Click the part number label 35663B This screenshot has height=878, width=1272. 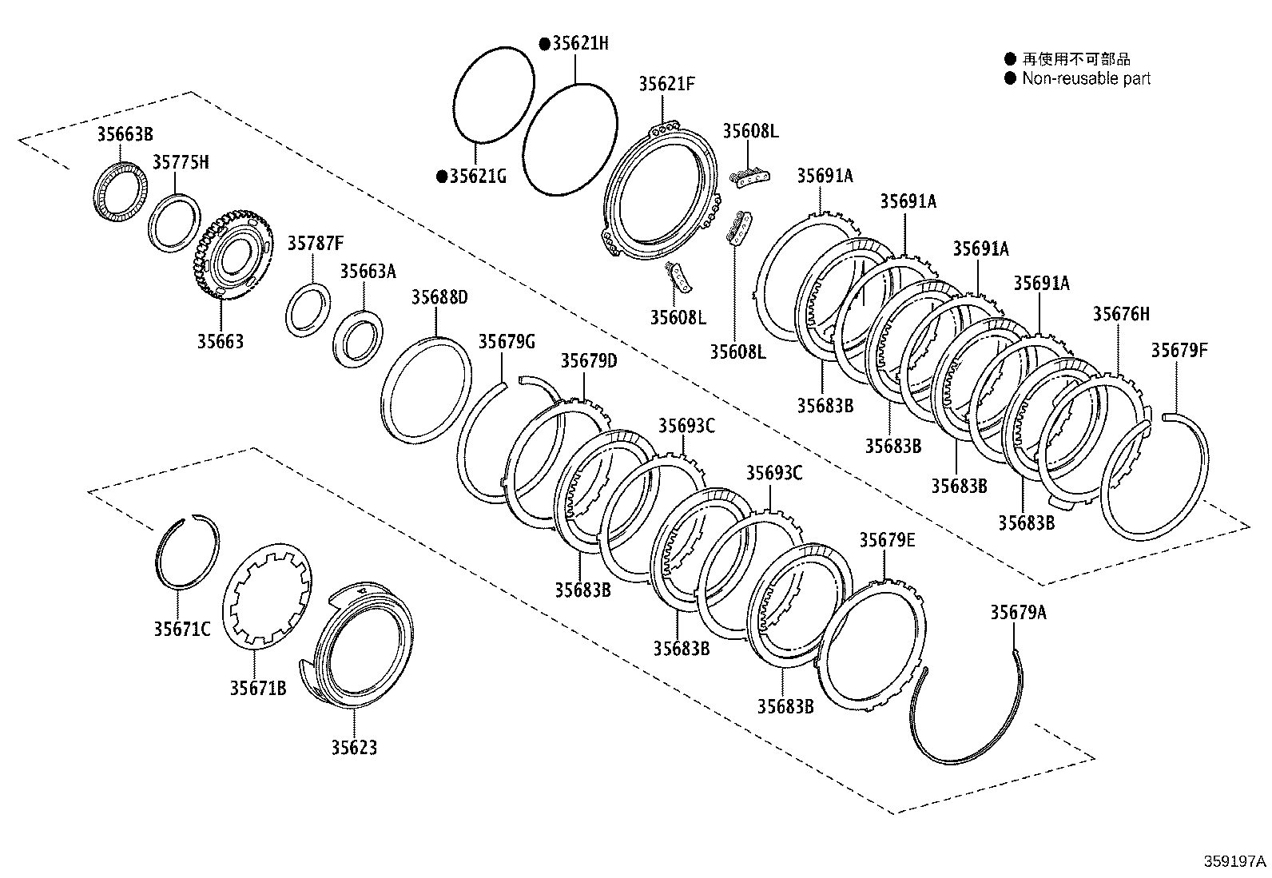[125, 134]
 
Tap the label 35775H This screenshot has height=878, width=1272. [181, 163]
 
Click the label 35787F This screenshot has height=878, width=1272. [316, 244]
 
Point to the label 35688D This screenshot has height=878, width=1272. [439, 298]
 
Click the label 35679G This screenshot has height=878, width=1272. [506, 343]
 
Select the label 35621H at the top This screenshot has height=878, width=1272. [579, 43]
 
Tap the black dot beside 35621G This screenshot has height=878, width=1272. [441, 177]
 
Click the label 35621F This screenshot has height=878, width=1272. [667, 84]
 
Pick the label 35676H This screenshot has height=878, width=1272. [1121, 314]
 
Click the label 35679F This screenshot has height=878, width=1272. [1179, 350]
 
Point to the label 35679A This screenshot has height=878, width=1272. [1018, 613]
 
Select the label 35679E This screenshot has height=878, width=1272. [887, 541]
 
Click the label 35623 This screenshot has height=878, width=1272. [354, 748]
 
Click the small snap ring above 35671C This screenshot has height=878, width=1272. [186, 551]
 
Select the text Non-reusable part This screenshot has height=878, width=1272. [1087, 78]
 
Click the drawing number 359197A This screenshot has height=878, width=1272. [1235, 861]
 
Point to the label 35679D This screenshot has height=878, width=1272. [588, 361]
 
